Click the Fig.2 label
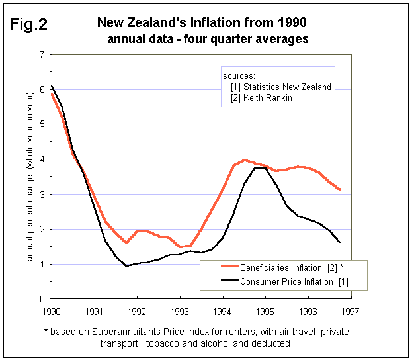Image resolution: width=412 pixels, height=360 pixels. (x=28, y=24)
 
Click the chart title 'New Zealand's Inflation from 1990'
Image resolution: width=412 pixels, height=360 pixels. (x=202, y=23)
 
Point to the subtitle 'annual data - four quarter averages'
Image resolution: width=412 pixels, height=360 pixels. (x=208, y=39)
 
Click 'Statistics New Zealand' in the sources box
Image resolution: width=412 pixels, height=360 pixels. (x=286, y=87)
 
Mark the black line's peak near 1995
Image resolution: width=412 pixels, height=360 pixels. (x=261, y=167)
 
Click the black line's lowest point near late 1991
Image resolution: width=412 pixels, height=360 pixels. (x=126, y=266)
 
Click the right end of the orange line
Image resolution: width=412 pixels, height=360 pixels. (x=340, y=189)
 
